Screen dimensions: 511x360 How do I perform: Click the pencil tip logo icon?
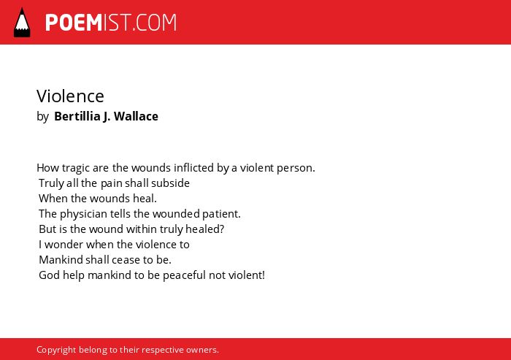[22, 23]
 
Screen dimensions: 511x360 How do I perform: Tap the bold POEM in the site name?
[74, 23]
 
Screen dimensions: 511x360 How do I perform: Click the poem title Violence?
[70, 96]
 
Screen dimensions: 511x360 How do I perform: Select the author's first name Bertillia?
[77, 116]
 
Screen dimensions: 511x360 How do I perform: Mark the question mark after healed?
[222, 229]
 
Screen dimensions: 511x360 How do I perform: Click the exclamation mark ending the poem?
[263, 275]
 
